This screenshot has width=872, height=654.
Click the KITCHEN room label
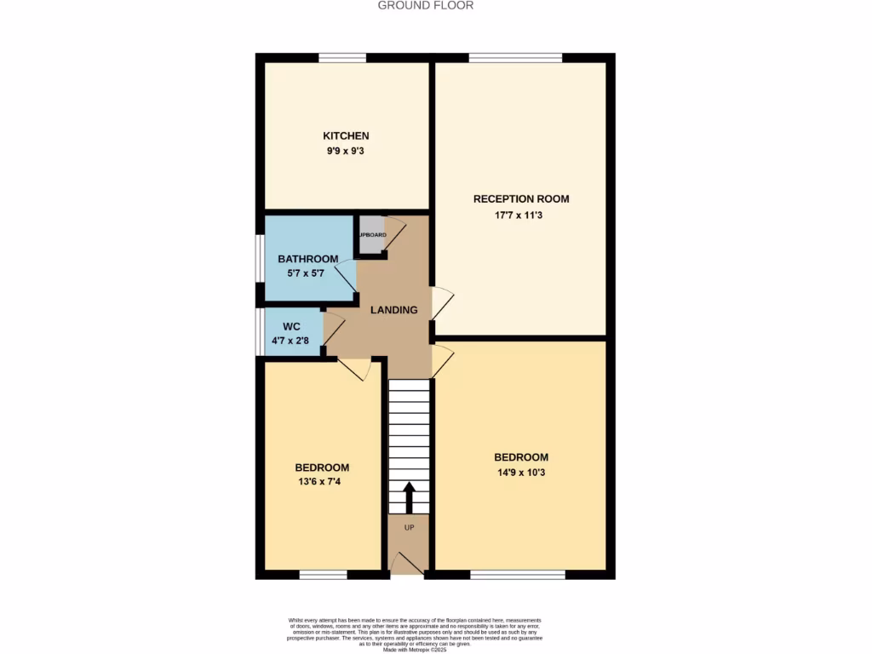[345, 136]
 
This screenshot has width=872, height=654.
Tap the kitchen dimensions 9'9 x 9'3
[345, 151]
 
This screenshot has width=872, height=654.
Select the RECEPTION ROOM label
[521, 199]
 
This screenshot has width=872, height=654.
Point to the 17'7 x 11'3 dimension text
[521, 215]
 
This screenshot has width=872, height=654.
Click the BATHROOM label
[308, 259]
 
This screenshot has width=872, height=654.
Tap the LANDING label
[393, 310]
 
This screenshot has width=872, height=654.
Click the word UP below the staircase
[409, 528]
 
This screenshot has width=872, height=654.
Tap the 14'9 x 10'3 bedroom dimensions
[521, 473]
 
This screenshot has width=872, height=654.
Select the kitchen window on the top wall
[342, 58]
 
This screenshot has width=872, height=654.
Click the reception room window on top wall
[514, 58]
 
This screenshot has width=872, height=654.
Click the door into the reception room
[441, 303]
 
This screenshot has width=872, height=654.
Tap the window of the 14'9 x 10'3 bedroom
[517, 575]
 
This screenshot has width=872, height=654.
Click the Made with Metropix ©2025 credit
[415, 650]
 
